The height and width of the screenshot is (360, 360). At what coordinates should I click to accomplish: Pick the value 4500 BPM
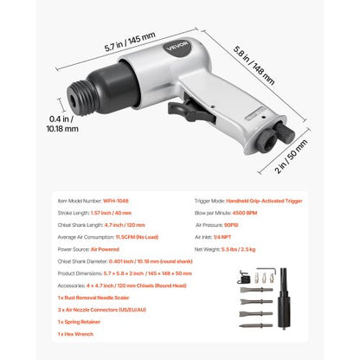pos(256,210)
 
